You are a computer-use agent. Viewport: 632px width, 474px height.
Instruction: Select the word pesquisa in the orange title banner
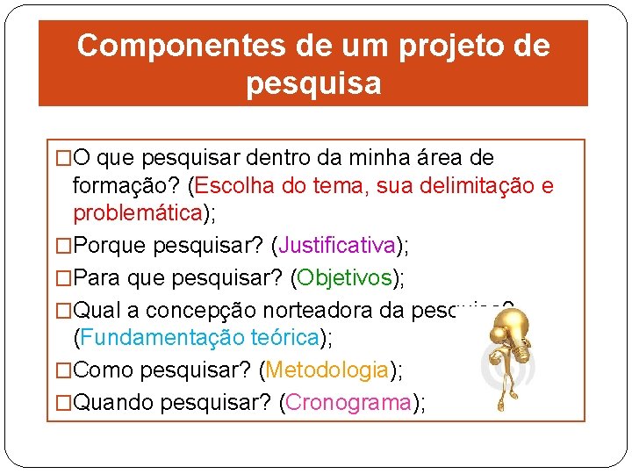pos(313,83)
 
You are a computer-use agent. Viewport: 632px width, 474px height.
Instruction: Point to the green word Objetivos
pos(344,277)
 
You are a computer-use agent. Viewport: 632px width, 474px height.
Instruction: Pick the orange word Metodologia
pos(327,370)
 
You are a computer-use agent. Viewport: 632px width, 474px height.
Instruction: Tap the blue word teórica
pos(284,336)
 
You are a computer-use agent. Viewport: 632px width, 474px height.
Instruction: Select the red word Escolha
pos(231,186)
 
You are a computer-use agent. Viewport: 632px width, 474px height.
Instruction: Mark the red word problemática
pos(138,213)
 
